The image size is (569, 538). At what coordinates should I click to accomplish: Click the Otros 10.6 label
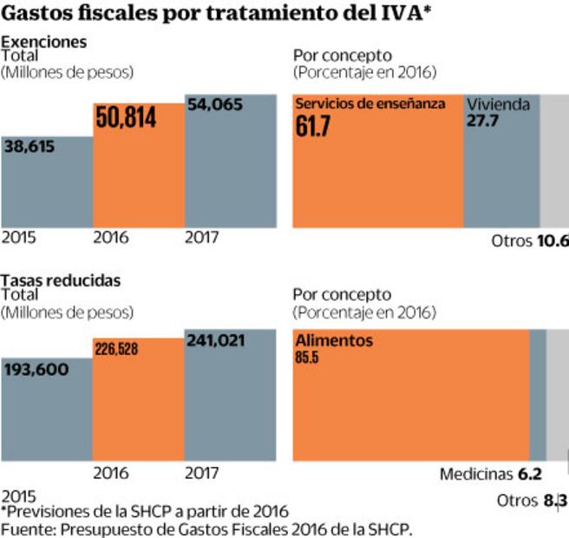point(529,241)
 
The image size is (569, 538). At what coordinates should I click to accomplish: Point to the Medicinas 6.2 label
point(490,475)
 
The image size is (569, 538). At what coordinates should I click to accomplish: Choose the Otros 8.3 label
point(532,501)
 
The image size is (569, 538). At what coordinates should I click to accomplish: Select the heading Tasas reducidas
point(61,280)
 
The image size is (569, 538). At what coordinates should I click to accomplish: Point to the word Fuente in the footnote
point(25,528)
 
